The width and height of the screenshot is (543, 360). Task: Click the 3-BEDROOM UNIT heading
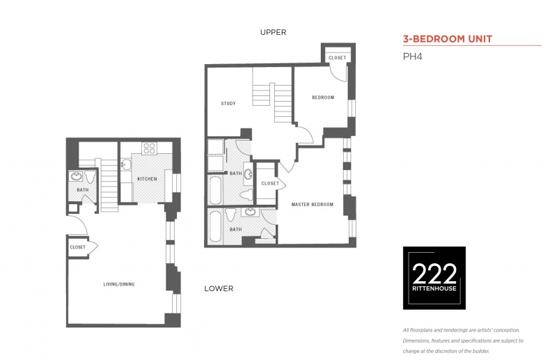pyautogui.click(x=448, y=39)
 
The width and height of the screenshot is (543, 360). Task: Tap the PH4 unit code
pyautogui.click(x=412, y=56)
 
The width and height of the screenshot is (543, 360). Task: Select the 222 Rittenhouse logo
pyautogui.click(x=434, y=278)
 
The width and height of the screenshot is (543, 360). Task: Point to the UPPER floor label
pyautogui.click(x=273, y=32)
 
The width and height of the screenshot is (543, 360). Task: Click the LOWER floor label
pyautogui.click(x=219, y=288)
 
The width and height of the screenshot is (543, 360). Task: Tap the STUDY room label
pyautogui.click(x=228, y=103)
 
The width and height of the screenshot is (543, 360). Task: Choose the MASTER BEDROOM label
pyautogui.click(x=313, y=205)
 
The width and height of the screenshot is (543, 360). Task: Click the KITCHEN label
pyautogui.click(x=147, y=179)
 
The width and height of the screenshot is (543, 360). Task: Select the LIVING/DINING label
pyautogui.click(x=119, y=284)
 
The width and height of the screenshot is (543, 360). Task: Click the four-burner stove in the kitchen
pyautogui.click(x=149, y=148)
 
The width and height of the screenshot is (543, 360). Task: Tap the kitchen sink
pyautogui.click(x=126, y=164)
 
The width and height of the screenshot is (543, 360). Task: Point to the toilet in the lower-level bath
pyautogui.click(x=90, y=177)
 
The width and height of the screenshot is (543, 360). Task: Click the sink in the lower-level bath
pyautogui.click(x=75, y=176)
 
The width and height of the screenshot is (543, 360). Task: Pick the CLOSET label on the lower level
pyautogui.click(x=77, y=247)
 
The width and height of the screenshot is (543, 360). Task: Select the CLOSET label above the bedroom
pyautogui.click(x=338, y=58)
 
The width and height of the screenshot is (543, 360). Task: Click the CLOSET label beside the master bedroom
pyautogui.click(x=270, y=183)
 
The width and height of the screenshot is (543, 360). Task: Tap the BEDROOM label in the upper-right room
pyautogui.click(x=323, y=97)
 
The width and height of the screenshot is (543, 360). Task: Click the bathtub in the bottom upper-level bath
pyautogui.click(x=215, y=226)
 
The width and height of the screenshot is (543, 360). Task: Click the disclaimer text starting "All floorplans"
pyautogui.click(x=463, y=341)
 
